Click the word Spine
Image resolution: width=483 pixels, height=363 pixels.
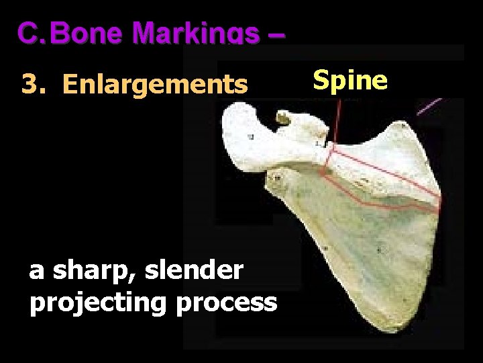click(x=350, y=80)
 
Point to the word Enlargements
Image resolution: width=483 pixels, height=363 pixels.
click(x=155, y=85)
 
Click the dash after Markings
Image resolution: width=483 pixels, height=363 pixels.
click(x=276, y=33)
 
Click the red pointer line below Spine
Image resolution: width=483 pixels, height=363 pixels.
click(x=334, y=121)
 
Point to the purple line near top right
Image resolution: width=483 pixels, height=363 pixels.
click(x=429, y=107)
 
